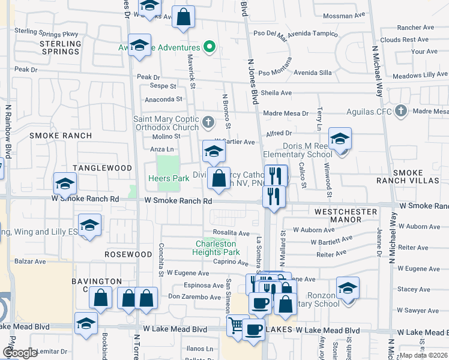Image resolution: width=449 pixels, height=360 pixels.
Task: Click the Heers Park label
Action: pos(169,178)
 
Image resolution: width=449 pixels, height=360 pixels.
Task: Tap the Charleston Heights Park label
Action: pos(215,248)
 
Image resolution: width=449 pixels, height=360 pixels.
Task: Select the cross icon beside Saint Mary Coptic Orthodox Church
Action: pos(208,123)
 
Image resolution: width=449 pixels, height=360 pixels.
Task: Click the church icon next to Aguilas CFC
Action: pos(401,111)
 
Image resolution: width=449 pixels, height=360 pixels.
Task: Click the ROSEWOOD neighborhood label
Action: pos(128,254)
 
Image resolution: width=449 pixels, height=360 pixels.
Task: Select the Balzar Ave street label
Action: pos(31,262)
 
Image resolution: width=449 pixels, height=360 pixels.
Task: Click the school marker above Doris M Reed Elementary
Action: pos(340,140)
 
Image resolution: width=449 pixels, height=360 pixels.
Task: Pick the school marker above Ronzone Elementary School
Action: pos(348,288)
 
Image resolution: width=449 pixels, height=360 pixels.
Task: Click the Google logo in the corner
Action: pos(20,353)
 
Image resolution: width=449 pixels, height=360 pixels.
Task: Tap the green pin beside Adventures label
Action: pos(209,47)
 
